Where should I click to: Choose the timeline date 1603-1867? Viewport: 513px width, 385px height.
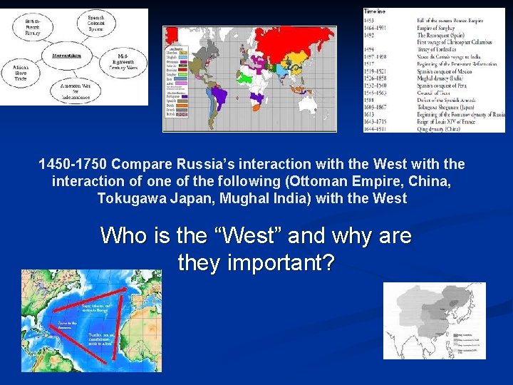point(378,106)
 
